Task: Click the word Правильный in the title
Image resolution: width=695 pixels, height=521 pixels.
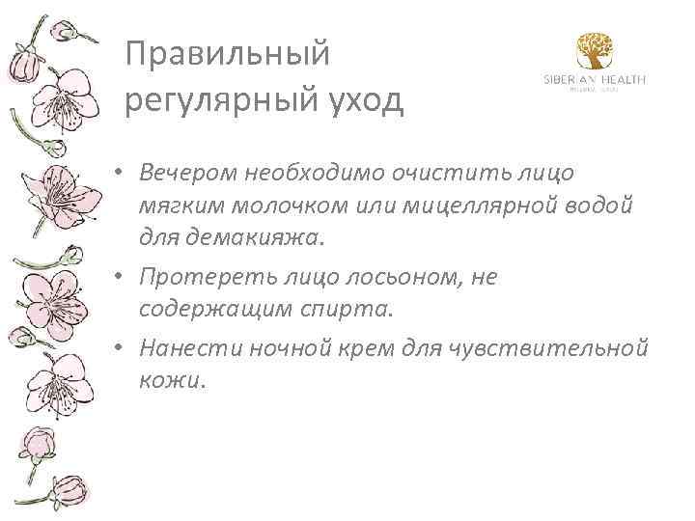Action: click(x=228, y=55)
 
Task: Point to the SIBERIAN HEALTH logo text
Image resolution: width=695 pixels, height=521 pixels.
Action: click(x=594, y=80)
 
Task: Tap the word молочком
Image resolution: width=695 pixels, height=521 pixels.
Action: click(x=256, y=206)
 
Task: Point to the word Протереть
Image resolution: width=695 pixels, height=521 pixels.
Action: click(x=199, y=277)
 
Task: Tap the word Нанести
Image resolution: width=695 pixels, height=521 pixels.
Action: click(x=187, y=347)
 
